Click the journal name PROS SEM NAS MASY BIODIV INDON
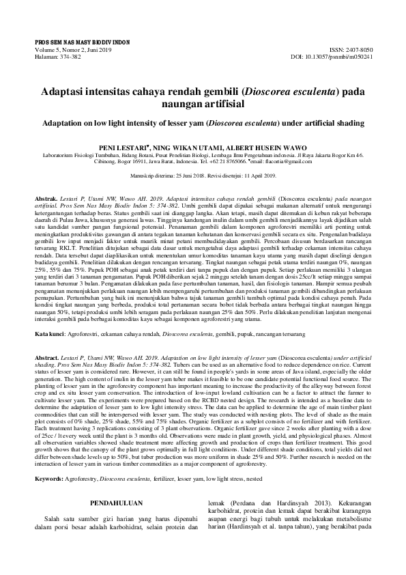coord(82,42)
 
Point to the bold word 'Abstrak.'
coord(46,197)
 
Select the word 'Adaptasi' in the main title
coord(67,90)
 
